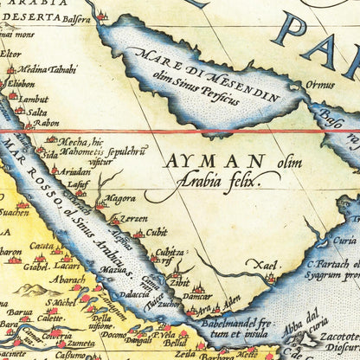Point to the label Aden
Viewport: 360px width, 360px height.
pyautogui.click(x=231, y=299)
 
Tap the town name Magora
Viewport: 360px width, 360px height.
pyautogui.click(x=121, y=198)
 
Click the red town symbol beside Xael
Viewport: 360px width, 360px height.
pyautogui.click(x=271, y=278)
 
